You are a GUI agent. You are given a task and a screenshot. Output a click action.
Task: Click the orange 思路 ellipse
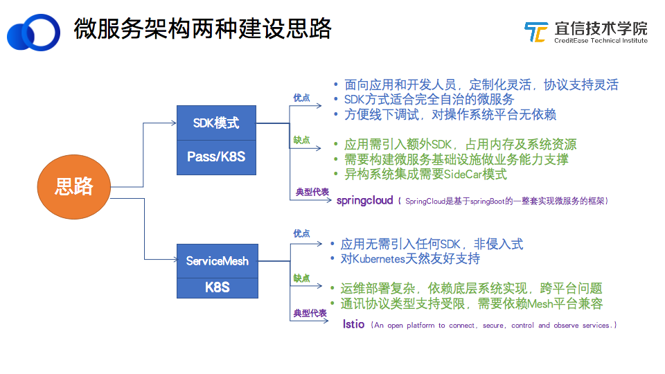pyautogui.click(x=74, y=186)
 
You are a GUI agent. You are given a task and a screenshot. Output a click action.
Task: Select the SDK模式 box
pyautogui.click(x=216, y=123)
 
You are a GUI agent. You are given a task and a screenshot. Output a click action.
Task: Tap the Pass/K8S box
pyautogui.click(x=216, y=157)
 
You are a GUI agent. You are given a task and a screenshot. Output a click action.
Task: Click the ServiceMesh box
pyautogui.click(x=217, y=261)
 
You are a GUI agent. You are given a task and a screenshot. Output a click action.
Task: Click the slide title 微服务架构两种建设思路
pyautogui.click(x=202, y=28)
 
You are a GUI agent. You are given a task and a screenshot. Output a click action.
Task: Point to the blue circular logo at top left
pyautogui.click(x=33, y=32)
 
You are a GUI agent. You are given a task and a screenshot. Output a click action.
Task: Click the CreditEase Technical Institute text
pyautogui.click(x=600, y=41)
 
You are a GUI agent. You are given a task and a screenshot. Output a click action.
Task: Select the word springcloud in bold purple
pyautogui.click(x=364, y=201)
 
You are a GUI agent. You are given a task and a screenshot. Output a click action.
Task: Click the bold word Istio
pyautogui.click(x=353, y=325)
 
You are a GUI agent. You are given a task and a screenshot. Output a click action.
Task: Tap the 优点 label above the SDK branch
pyautogui.click(x=301, y=98)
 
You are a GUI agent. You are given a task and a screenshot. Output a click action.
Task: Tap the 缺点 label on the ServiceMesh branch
pyautogui.click(x=301, y=278)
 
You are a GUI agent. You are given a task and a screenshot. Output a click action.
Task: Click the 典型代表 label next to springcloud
pyautogui.click(x=312, y=192)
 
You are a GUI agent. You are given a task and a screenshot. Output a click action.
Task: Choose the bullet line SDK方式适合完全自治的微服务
pyautogui.click(x=429, y=100)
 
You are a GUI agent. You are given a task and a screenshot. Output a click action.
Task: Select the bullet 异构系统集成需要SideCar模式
pyautogui.click(x=425, y=175)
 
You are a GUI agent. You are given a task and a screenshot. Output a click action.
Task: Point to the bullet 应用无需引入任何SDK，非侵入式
pyautogui.click(x=431, y=244)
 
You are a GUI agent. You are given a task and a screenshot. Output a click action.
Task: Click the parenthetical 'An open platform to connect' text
pyautogui.click(x=493, y=326)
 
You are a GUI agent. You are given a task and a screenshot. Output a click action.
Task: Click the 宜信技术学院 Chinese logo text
pyautogui.click(x=601, y=28)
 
